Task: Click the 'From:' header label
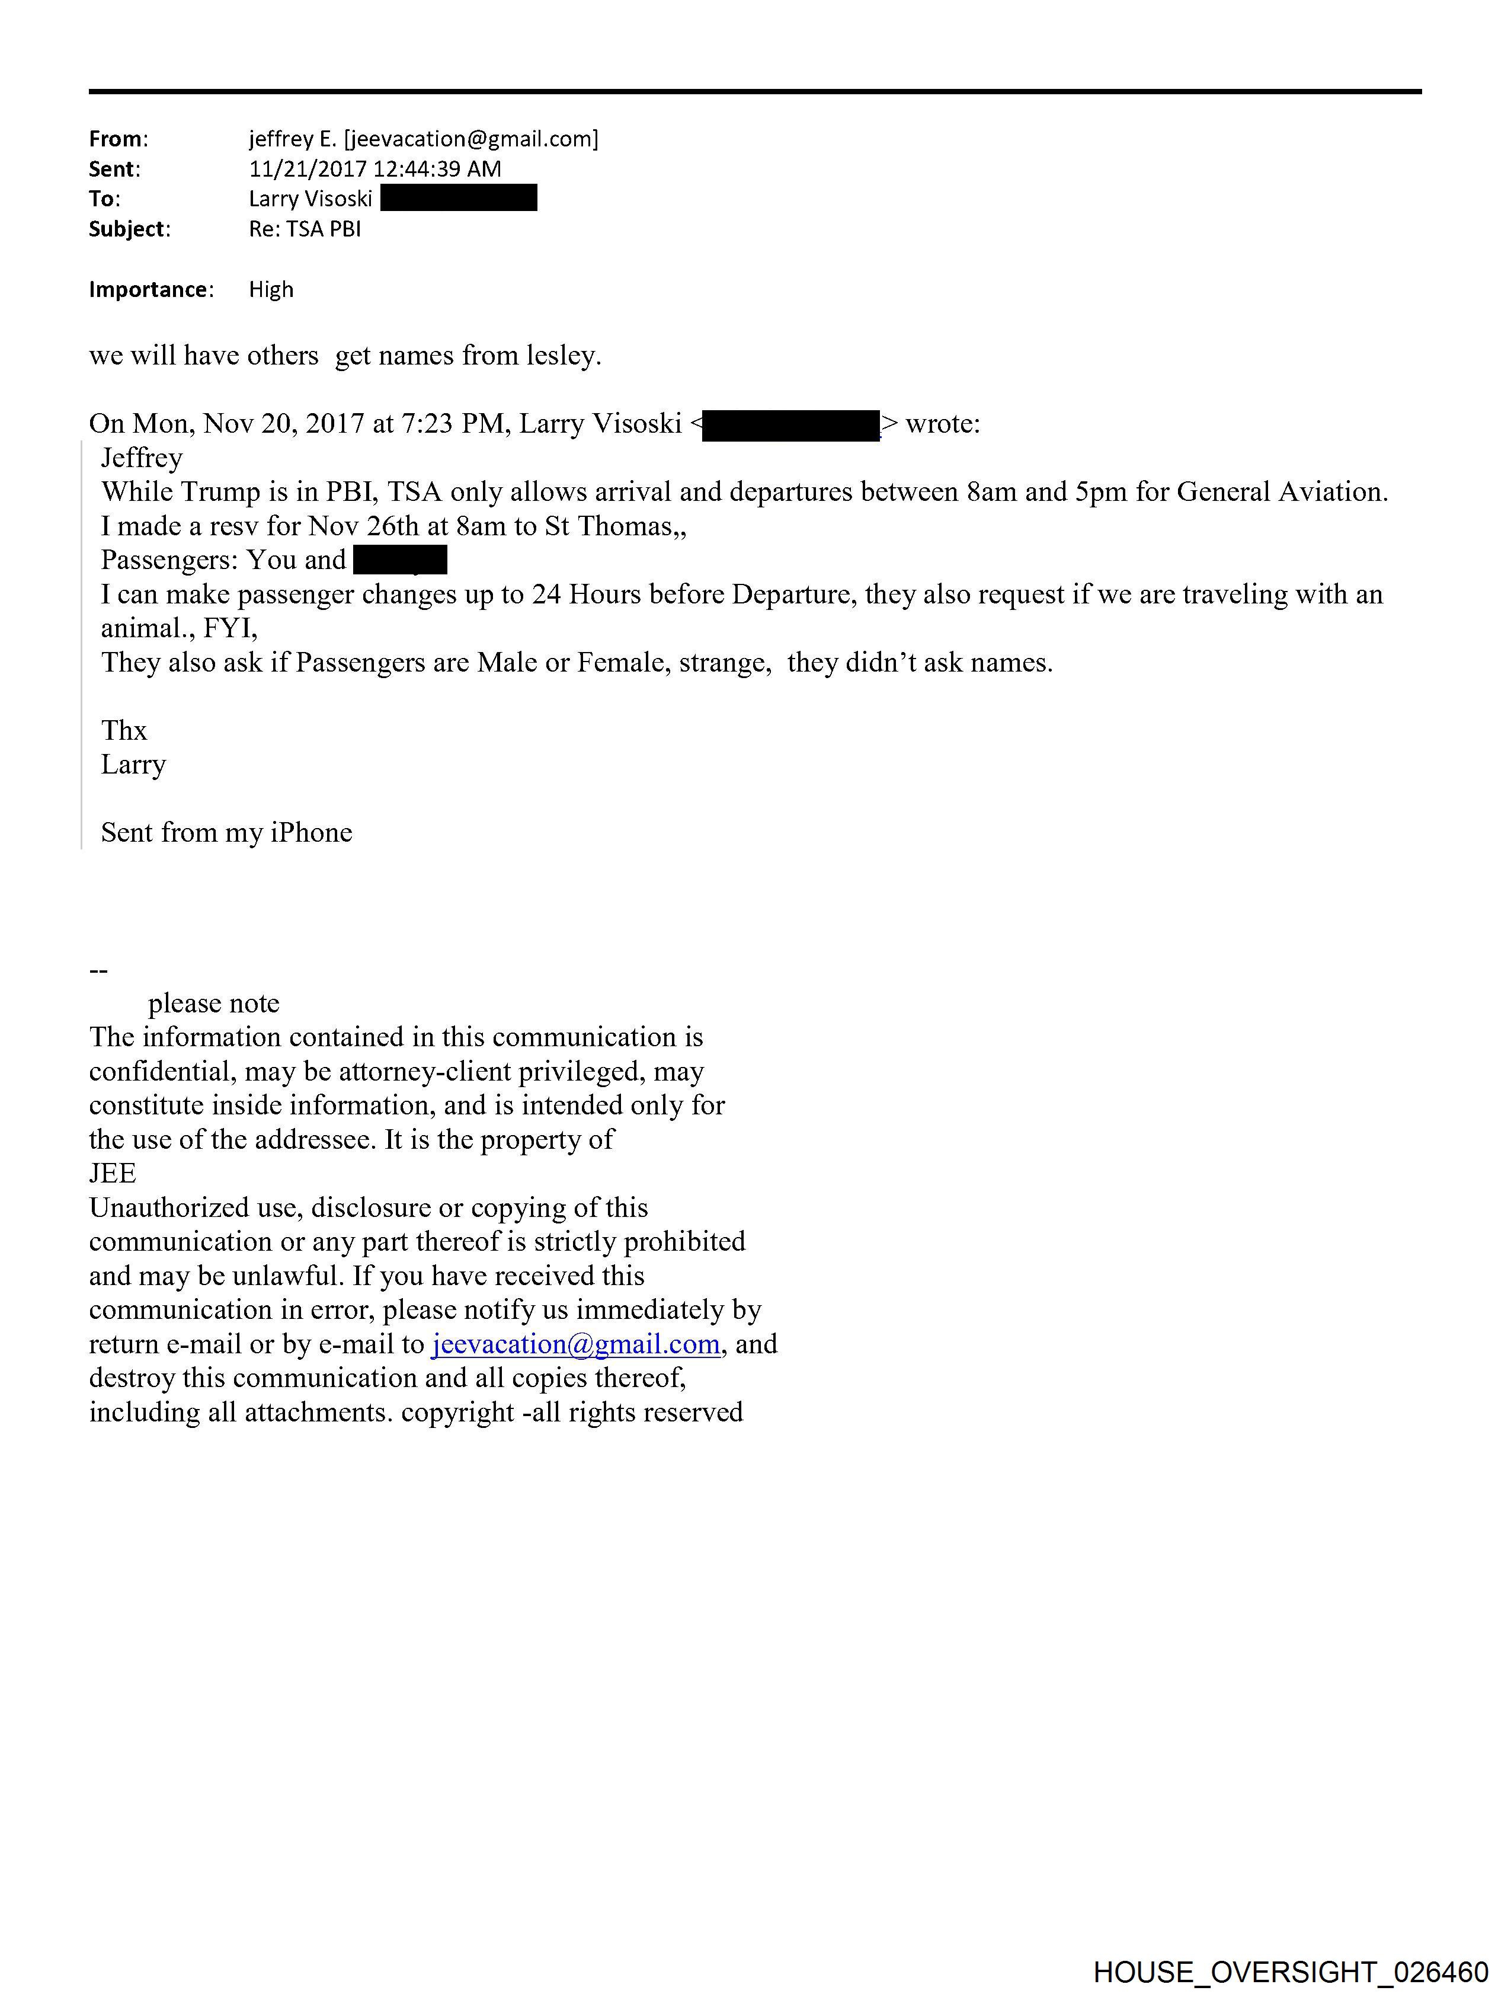click(117, 139)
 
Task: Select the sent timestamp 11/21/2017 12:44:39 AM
click(374, 169)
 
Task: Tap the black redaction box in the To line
click(459, 198)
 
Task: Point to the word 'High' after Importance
click(271, 290)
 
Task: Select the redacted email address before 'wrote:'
click(790, 424)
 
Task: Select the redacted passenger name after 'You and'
click(400, 561)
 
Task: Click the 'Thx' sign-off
click(124, 730)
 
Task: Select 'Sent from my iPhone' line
click(226, 832)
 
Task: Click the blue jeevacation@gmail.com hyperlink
click(576, 1344)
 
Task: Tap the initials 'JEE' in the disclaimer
click(112, 1174)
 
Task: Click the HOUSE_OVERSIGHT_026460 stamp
click(1290, 1972)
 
